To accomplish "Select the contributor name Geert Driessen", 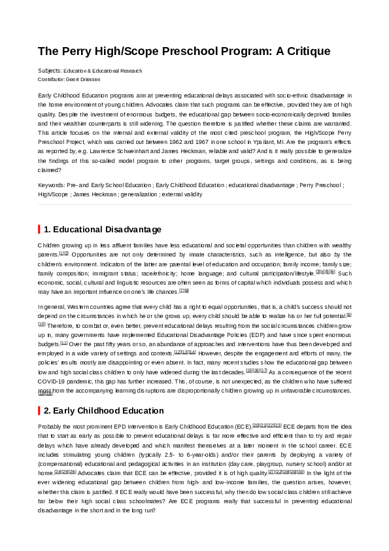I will coord(84,79).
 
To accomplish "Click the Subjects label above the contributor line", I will coord(50,71).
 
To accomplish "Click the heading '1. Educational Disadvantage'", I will coord(102,229).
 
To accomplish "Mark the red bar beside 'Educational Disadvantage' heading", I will coord(39,229).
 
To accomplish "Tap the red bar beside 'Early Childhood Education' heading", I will coord(39,410).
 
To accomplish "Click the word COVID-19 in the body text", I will coord(54,382).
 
